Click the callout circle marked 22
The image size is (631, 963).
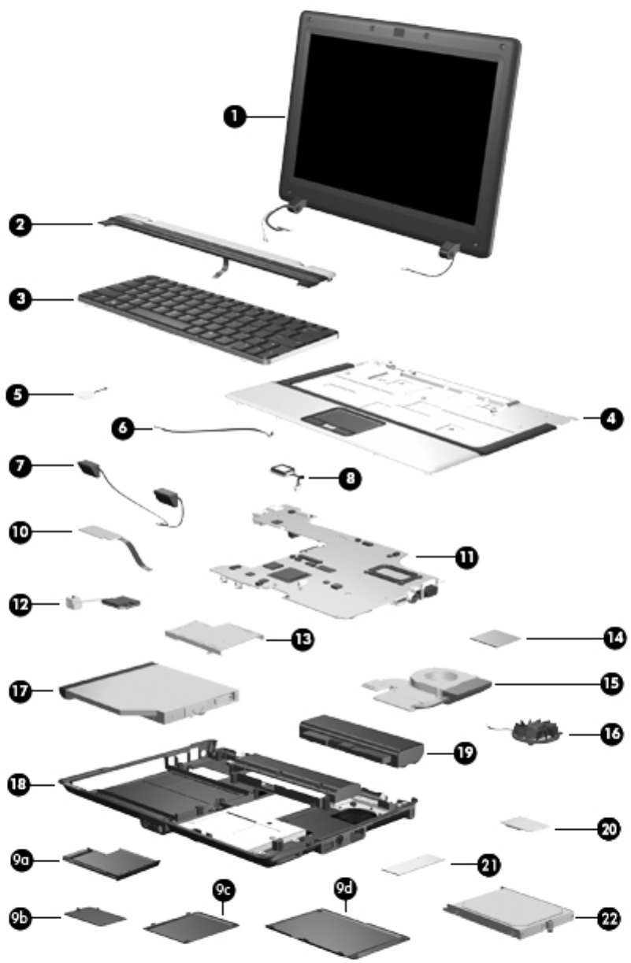[x=607, y=917]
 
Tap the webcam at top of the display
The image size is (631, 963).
[x=399, y=35]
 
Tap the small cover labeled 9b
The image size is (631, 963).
[x=95, y=916]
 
